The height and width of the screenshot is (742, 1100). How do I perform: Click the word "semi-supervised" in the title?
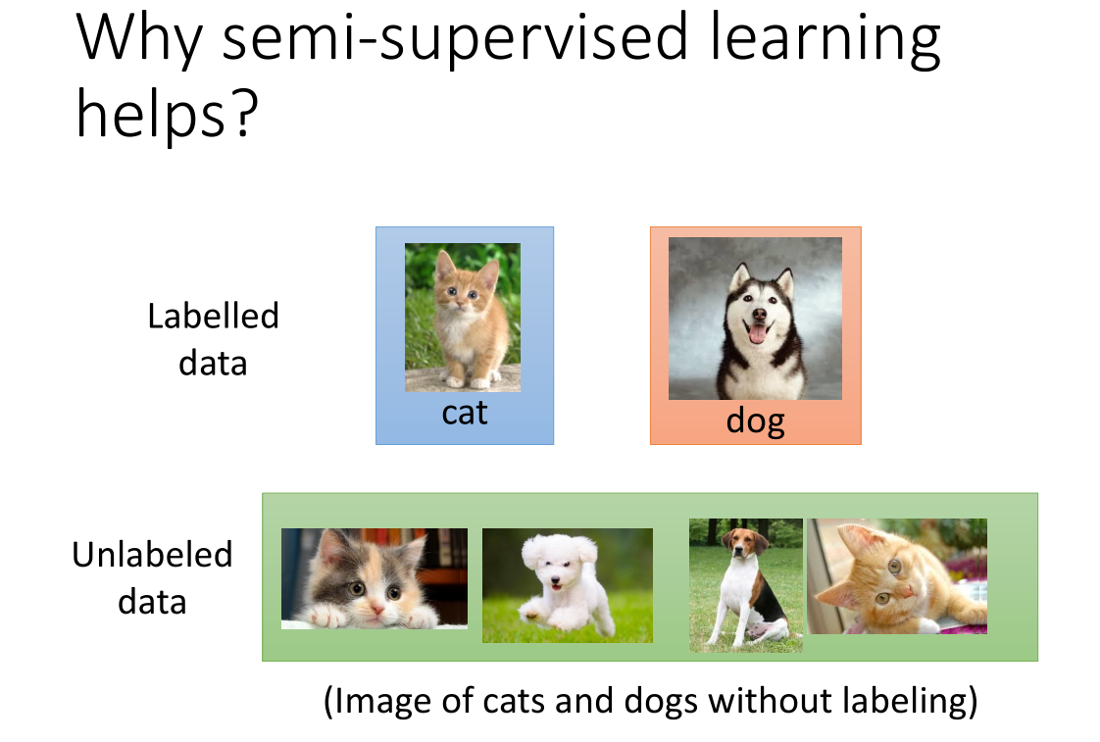[x=455, y=38]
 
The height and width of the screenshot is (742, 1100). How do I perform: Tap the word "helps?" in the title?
[x=168, y=115]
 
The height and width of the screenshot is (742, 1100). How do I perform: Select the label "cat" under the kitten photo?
[x=465, y=413]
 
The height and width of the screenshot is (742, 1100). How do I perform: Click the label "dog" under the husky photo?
[x=755, y=421]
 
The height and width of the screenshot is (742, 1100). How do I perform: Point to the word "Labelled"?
[x=214, y=316]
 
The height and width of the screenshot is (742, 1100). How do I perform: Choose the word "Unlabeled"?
[x=152, y=555]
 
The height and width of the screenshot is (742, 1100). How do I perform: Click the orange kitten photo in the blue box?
[x=463, y=317]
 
